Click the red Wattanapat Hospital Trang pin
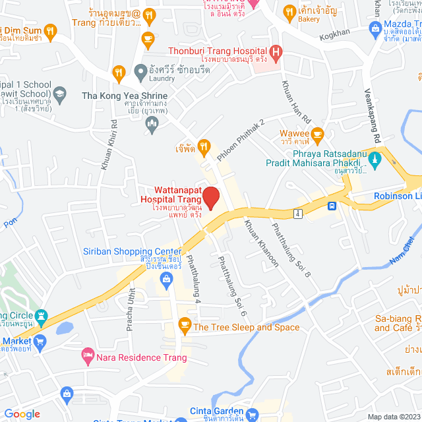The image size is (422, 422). tap(210, 198)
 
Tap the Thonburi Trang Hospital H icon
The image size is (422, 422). tap(276, 52)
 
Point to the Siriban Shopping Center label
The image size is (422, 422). tap(133, 252)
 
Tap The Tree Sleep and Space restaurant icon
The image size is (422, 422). tap(185, 326)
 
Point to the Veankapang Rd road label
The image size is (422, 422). tap(374, 116)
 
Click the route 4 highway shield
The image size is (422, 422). tap(299, 213)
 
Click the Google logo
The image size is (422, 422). tap(22, 413)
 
